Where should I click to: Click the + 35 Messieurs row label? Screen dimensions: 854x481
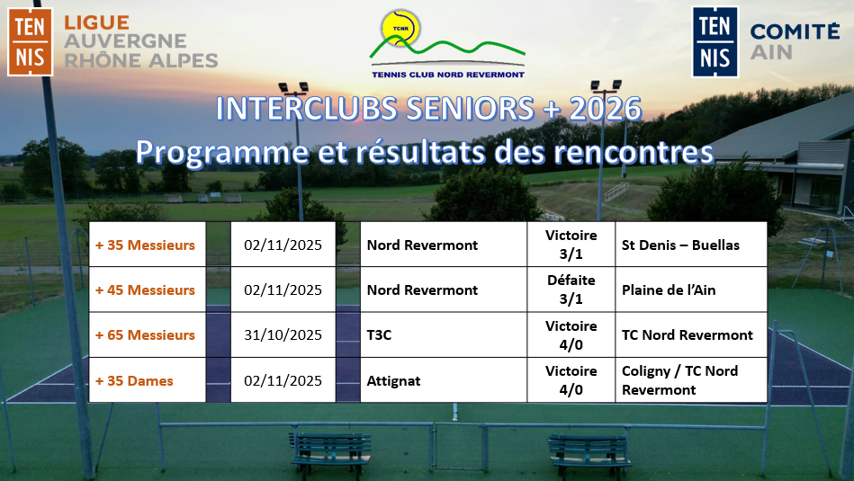145,245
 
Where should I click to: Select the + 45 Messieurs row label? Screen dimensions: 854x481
145,290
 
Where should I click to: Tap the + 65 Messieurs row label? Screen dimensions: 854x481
145,334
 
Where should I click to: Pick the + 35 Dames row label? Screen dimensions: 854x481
134,381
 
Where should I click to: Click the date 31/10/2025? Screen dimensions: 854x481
283,334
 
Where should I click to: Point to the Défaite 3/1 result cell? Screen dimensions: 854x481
571,289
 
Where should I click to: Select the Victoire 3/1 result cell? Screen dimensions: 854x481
571,245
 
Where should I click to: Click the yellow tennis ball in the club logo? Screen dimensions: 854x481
400,28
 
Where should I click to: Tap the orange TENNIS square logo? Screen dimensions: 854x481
30,42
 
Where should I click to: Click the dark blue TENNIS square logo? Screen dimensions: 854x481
715,42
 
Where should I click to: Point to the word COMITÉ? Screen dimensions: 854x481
795,31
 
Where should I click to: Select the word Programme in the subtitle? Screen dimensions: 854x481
222,152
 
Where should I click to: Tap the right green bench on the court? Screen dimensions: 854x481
589,450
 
